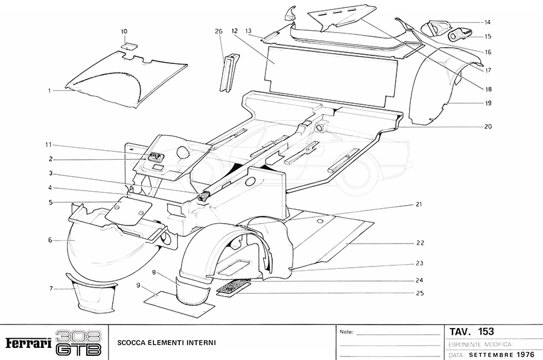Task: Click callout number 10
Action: click(124, 31)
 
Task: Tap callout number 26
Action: click(218, 31)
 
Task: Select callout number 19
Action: click(487, 103)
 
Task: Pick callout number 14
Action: click(487, 22)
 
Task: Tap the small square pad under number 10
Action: click(127, 45)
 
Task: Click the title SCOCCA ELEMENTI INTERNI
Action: click(166, 343)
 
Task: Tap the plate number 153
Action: click(486, 331)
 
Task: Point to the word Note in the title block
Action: click(346, 332)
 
